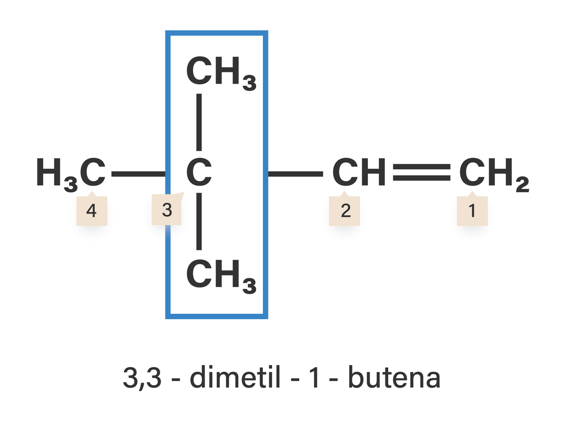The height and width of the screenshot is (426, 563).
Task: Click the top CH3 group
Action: click(221, 73)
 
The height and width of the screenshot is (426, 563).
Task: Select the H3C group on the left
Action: click(71, 174)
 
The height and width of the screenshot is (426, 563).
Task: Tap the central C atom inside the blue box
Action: click(199, 172)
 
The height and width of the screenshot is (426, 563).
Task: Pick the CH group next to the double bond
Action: click(358, 172)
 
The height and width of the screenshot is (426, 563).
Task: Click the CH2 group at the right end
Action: click(494, 174)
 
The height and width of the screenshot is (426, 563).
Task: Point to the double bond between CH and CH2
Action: click(422, 172)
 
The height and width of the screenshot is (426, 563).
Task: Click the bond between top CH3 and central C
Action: click(199, 122)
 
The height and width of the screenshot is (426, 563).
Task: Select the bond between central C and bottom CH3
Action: click(199, 221)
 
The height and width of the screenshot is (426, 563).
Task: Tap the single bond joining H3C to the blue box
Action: click(139, 174)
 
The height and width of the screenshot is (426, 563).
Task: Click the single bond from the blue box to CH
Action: click(295, 174)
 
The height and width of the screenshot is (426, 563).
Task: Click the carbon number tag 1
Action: click(472, 210)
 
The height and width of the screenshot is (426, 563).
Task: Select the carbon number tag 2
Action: click(344, 210)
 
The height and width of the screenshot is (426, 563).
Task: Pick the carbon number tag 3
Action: click(167, 209)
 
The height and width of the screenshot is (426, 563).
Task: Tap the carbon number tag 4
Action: click(92, 210)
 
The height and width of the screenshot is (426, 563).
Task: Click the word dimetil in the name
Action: click(235, 377)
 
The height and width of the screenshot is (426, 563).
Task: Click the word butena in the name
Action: click(394, 377)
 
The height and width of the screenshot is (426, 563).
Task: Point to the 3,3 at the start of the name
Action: click(142, 378)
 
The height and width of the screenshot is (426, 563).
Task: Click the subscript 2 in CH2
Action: click(522, 184)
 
